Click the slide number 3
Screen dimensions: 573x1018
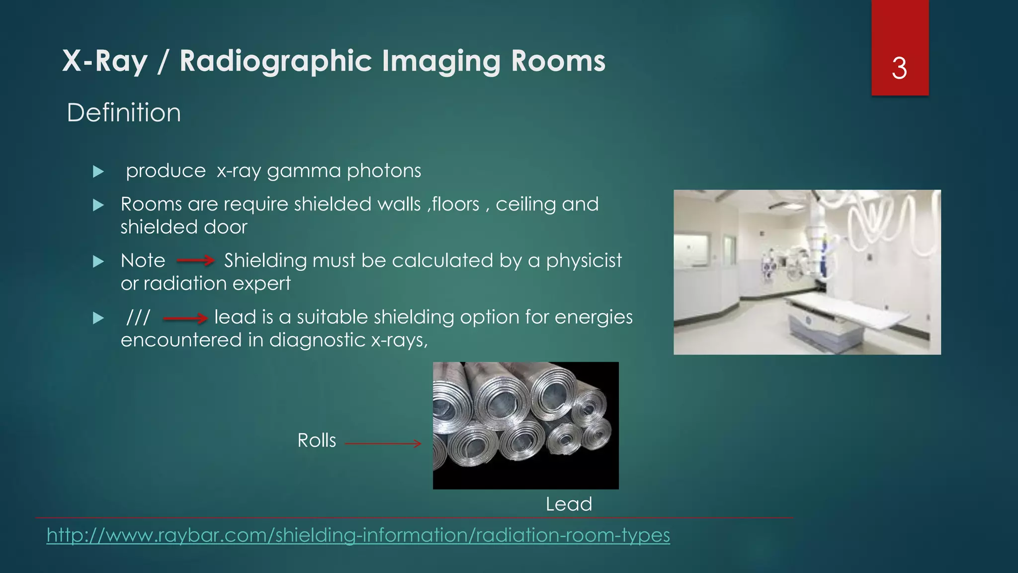(899, 68)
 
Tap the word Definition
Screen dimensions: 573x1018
(124, 113)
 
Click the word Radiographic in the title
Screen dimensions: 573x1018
(275, 61)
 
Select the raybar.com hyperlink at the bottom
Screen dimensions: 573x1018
(358, 535)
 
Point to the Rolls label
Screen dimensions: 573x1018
(317, 441)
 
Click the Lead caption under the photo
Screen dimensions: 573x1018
(569, 504)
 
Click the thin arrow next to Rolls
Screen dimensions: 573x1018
(383, 443)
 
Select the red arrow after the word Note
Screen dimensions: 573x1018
(195, 260)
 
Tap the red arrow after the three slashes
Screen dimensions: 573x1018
(185, 318)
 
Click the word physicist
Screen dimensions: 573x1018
(584, 261)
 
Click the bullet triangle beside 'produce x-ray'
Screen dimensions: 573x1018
(98, 172)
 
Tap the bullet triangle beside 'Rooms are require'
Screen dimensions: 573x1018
(98, 205)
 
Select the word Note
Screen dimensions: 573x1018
(143, 261)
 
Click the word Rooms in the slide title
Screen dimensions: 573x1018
(558, 61)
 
